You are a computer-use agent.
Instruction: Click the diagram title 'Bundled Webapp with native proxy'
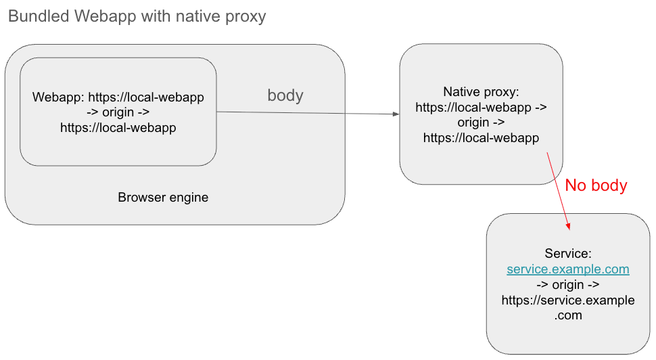[137, 16]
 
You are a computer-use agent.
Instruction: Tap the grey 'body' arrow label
[285, 95]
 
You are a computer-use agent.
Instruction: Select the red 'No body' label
[596, 185]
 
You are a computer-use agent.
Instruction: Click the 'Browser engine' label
[163, 198]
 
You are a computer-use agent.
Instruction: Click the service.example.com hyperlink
[568, 269]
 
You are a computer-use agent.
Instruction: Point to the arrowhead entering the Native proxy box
[396, 114]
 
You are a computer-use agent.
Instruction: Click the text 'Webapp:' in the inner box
[58, 97]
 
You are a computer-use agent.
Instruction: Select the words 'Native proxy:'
[481, 92]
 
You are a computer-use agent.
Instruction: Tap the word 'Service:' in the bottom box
[568, 254]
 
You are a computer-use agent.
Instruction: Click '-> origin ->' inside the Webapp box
[118, 112]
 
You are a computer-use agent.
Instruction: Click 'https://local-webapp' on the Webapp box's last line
[118, 127]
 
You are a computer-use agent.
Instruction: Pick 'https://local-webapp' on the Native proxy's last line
[481, 138]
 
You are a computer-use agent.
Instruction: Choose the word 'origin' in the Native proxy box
[473, 122]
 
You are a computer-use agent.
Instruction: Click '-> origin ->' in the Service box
[568, 285]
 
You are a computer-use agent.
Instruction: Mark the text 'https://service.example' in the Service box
[568, 300]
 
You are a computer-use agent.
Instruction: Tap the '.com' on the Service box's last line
[568, 315]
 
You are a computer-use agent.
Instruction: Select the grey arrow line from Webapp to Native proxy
[304, 113]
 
